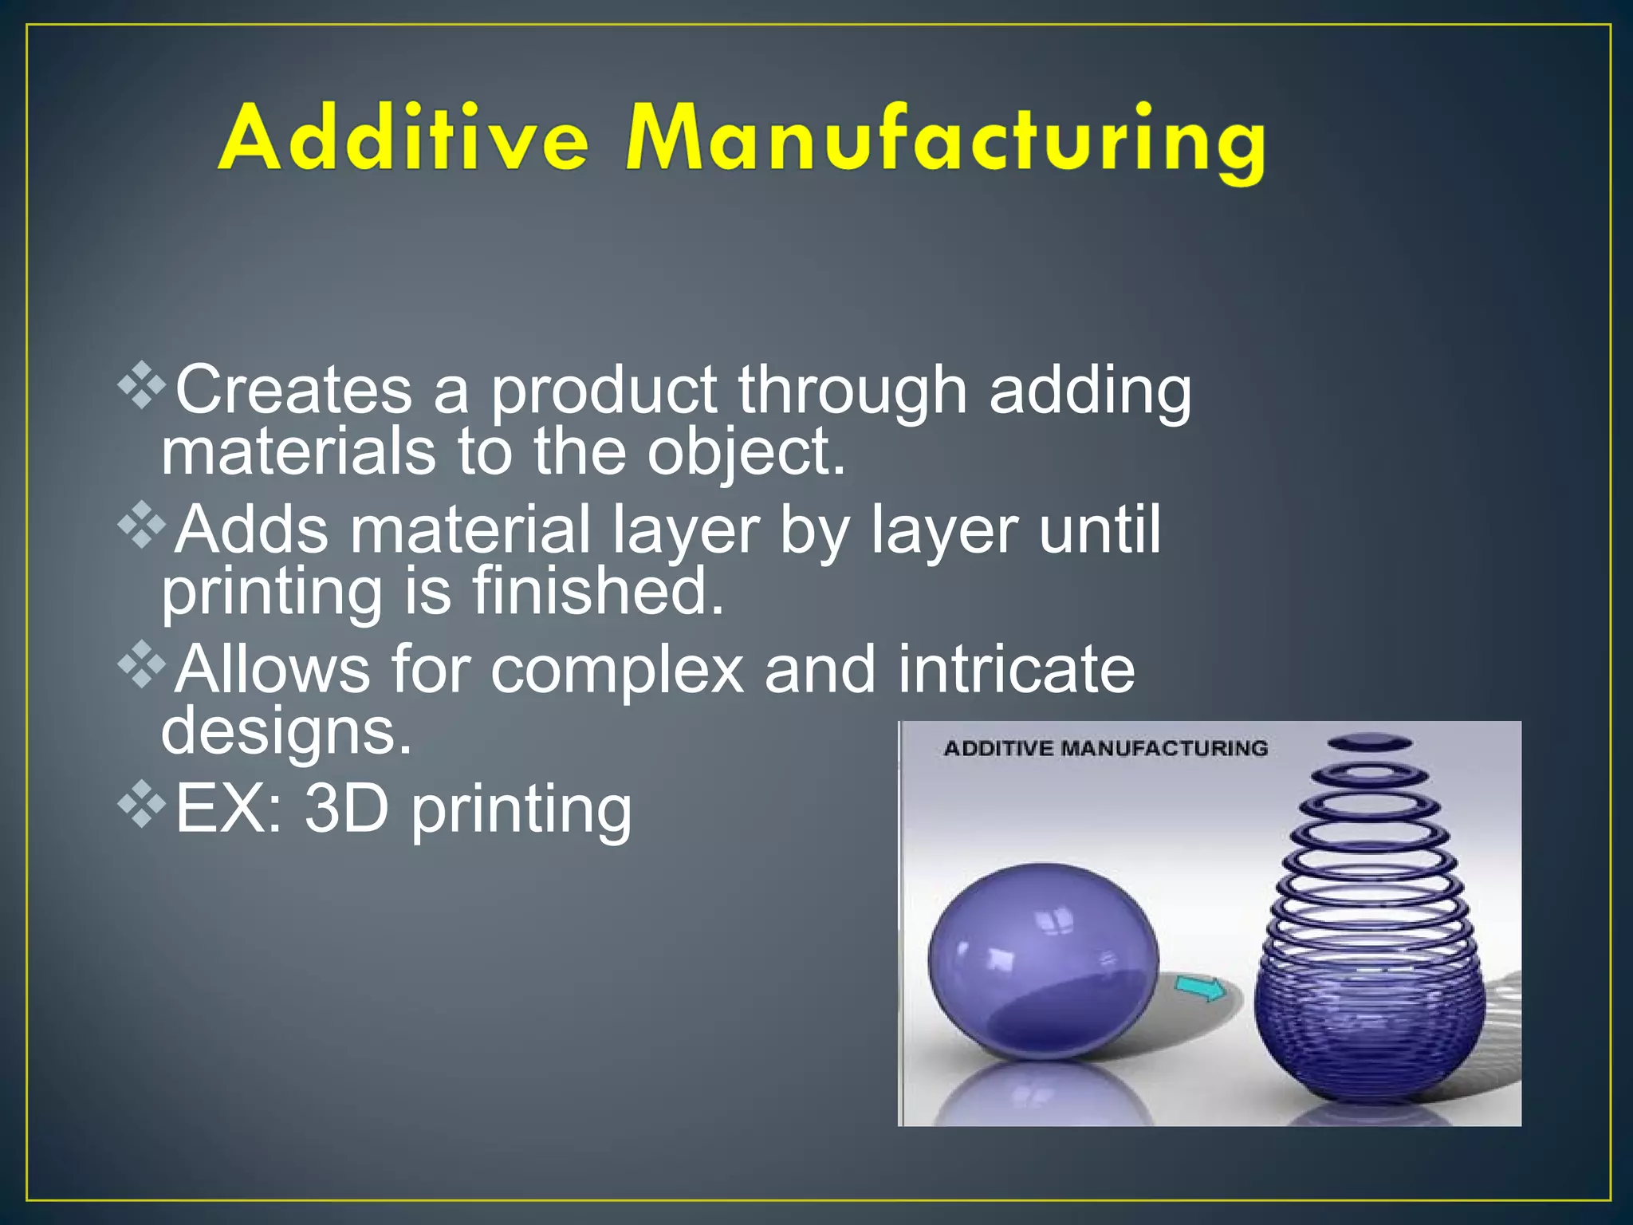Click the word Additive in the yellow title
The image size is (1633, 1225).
click(403, 140)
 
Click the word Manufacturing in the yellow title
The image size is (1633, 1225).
click(945, 142)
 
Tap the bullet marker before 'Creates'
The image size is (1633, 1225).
click(142, 386)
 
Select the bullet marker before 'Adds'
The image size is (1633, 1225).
click(142, 525)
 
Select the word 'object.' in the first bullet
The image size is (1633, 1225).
click(746, 453)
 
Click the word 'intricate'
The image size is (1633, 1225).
click(1016, 670)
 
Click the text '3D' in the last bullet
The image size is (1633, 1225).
click(346, 809)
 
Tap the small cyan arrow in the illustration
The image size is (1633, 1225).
click(1201, 990)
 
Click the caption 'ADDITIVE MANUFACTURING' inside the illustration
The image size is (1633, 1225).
click(1105, 748)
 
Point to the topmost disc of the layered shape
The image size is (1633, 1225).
click(1369, 742)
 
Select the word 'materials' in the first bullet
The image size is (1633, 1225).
click(299, 453)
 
